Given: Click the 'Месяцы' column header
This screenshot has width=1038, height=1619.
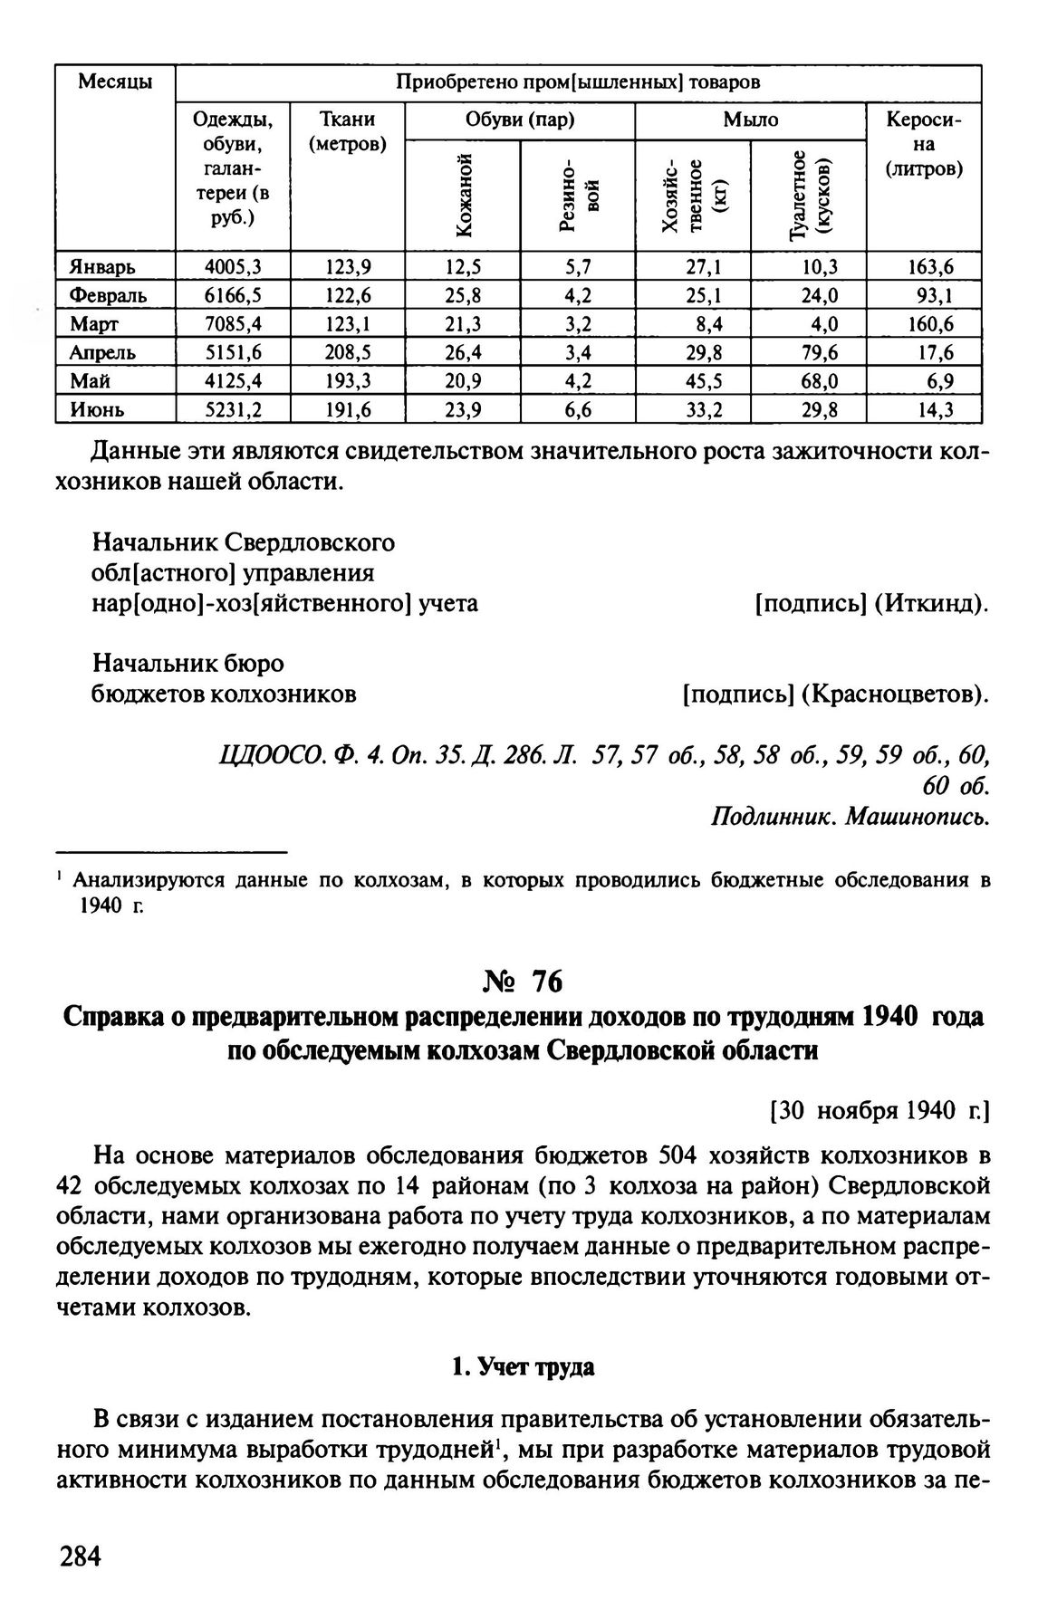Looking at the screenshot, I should click(x=115, y=83).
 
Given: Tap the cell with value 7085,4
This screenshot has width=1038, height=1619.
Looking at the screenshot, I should click(x=234, y=324).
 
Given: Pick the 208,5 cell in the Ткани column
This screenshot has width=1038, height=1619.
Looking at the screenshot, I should click(x=349, y=352).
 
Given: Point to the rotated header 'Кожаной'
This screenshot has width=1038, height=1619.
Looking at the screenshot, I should click(x=464, y=196).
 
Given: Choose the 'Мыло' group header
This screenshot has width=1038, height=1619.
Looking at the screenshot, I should click(x=750, y=120).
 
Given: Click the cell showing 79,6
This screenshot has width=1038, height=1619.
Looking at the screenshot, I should click(x=819, y=352).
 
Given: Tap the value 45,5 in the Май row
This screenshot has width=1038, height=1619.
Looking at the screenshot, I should click(x=703, y=381).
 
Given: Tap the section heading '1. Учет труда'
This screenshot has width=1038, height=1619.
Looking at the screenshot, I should click(x=523, y=1368).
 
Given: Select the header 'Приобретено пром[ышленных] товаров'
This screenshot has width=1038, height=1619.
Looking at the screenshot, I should click(x=578, y=83).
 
